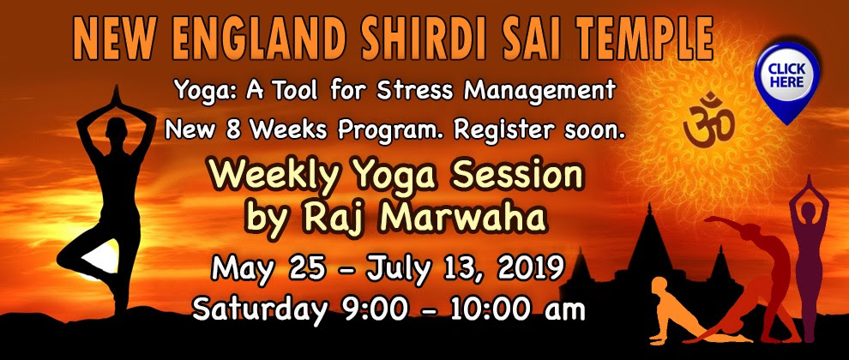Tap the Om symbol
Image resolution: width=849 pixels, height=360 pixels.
[x=708, y=120]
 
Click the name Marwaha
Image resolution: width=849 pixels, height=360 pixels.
[x=462, y=217]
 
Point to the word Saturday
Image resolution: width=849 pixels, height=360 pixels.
[x=261, y=310]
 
